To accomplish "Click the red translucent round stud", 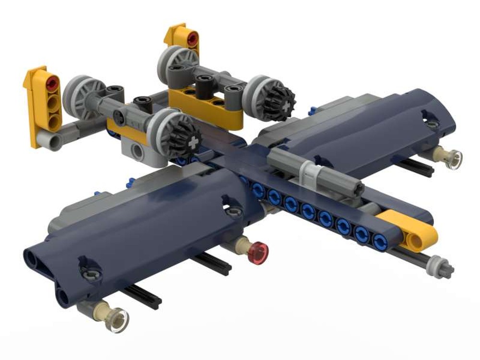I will [260, 249].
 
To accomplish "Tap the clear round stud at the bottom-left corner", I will [116, 319].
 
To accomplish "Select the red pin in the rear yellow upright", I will [192, 38].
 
